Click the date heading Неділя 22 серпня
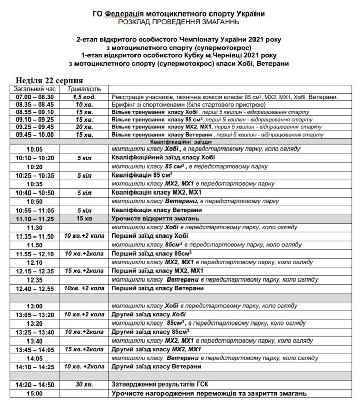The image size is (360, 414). (x=50, y=80)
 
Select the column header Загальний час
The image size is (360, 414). (x=34, y=89)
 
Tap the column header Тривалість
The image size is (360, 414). (x=85, y=89)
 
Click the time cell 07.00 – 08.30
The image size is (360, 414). (x=35, y=97)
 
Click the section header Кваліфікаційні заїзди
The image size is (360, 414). (x=182, y=141)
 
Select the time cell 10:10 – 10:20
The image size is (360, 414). (x=35, y=158)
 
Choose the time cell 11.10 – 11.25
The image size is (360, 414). (x=35, y=219)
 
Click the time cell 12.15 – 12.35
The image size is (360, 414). (x=35, y=271)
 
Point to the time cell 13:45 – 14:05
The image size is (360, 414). (x=35, y=349)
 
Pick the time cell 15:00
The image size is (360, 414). (x=35, y=394)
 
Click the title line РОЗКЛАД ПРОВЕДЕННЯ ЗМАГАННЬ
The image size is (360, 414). (x=180, y=21)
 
